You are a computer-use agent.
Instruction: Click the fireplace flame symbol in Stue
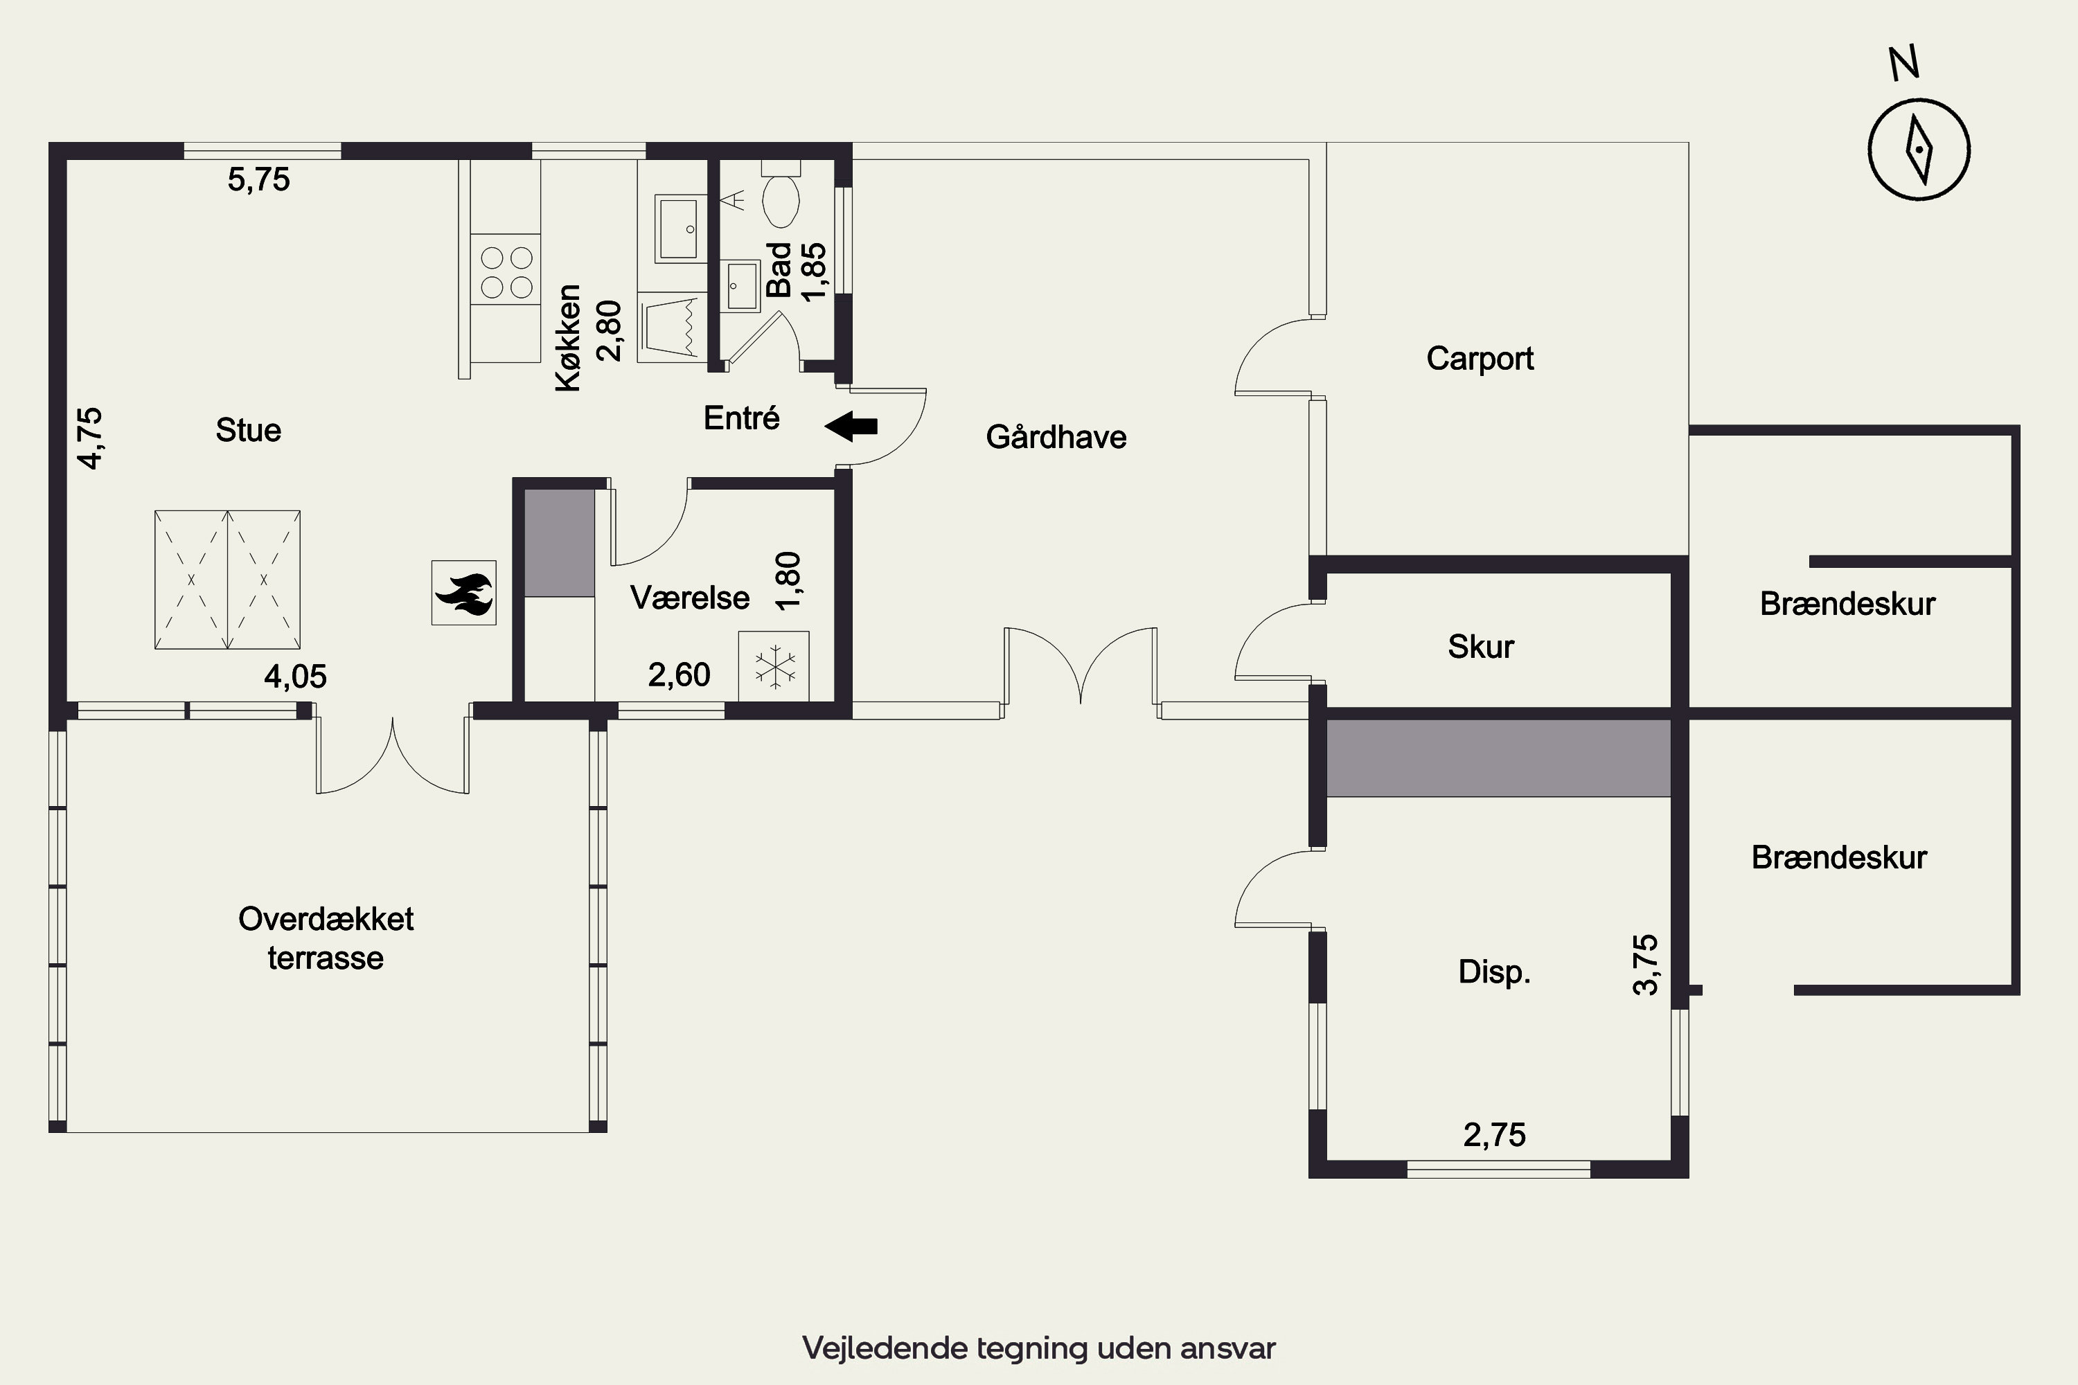[x=464, y=593]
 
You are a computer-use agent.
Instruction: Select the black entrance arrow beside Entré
[x=851, y=426]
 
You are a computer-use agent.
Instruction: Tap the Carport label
[x=1480, y=359]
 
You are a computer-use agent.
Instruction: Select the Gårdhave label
[x=1056, y=437]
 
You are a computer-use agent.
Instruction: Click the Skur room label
[x=1481, y=647]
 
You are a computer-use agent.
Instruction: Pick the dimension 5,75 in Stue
[x=259, y=179]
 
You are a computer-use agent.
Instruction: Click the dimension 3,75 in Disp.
[x=1646, y=965]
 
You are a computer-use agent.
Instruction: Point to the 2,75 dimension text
[x=1495, y=1135]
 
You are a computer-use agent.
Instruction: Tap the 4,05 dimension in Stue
[x=295, y=677]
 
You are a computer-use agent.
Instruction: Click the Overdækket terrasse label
[x=326, y=938]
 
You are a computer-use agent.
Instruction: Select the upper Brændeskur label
[x=1847, y=604]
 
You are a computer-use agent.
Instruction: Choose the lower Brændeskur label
[x=1838, y=858]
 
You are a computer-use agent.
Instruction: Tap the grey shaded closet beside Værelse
[x=559, y=543]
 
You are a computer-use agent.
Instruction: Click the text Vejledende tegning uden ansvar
[x=1039, y=1348]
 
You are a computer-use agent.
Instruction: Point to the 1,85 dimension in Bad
[x=814, y=272]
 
